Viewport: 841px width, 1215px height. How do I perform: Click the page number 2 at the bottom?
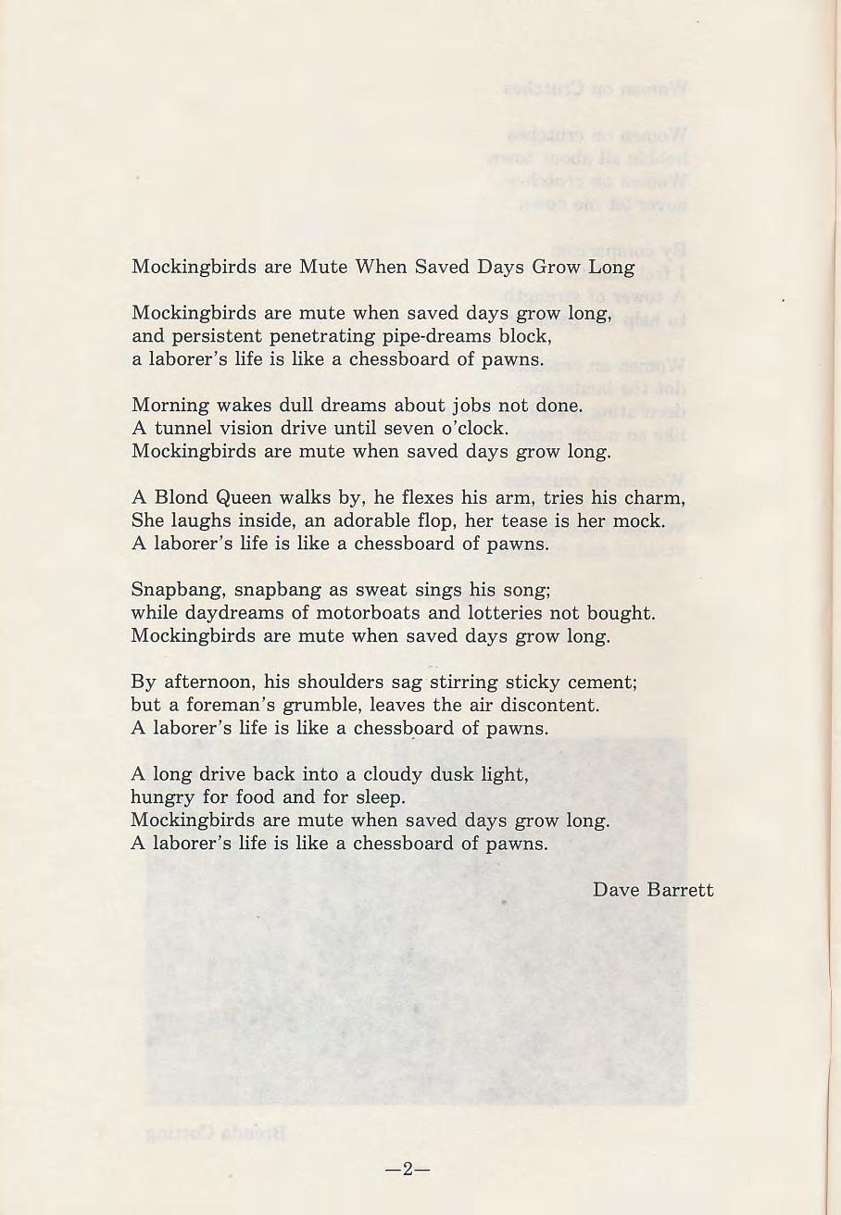click(408, 1170)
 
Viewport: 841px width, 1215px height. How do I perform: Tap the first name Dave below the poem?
click(613, 890)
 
